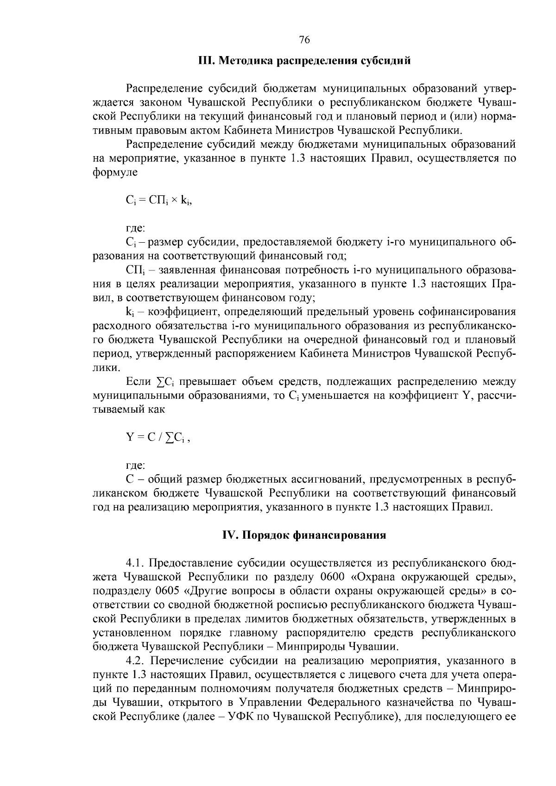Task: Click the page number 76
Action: pyautogui.click(x=304, y=40)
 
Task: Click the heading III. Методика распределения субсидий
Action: pyautogui.click(x=304, y=61)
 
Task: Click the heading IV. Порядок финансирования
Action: pyautogui.click(x=304, y=535)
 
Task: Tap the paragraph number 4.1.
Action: pyautogui.click(x=136, y=563)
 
